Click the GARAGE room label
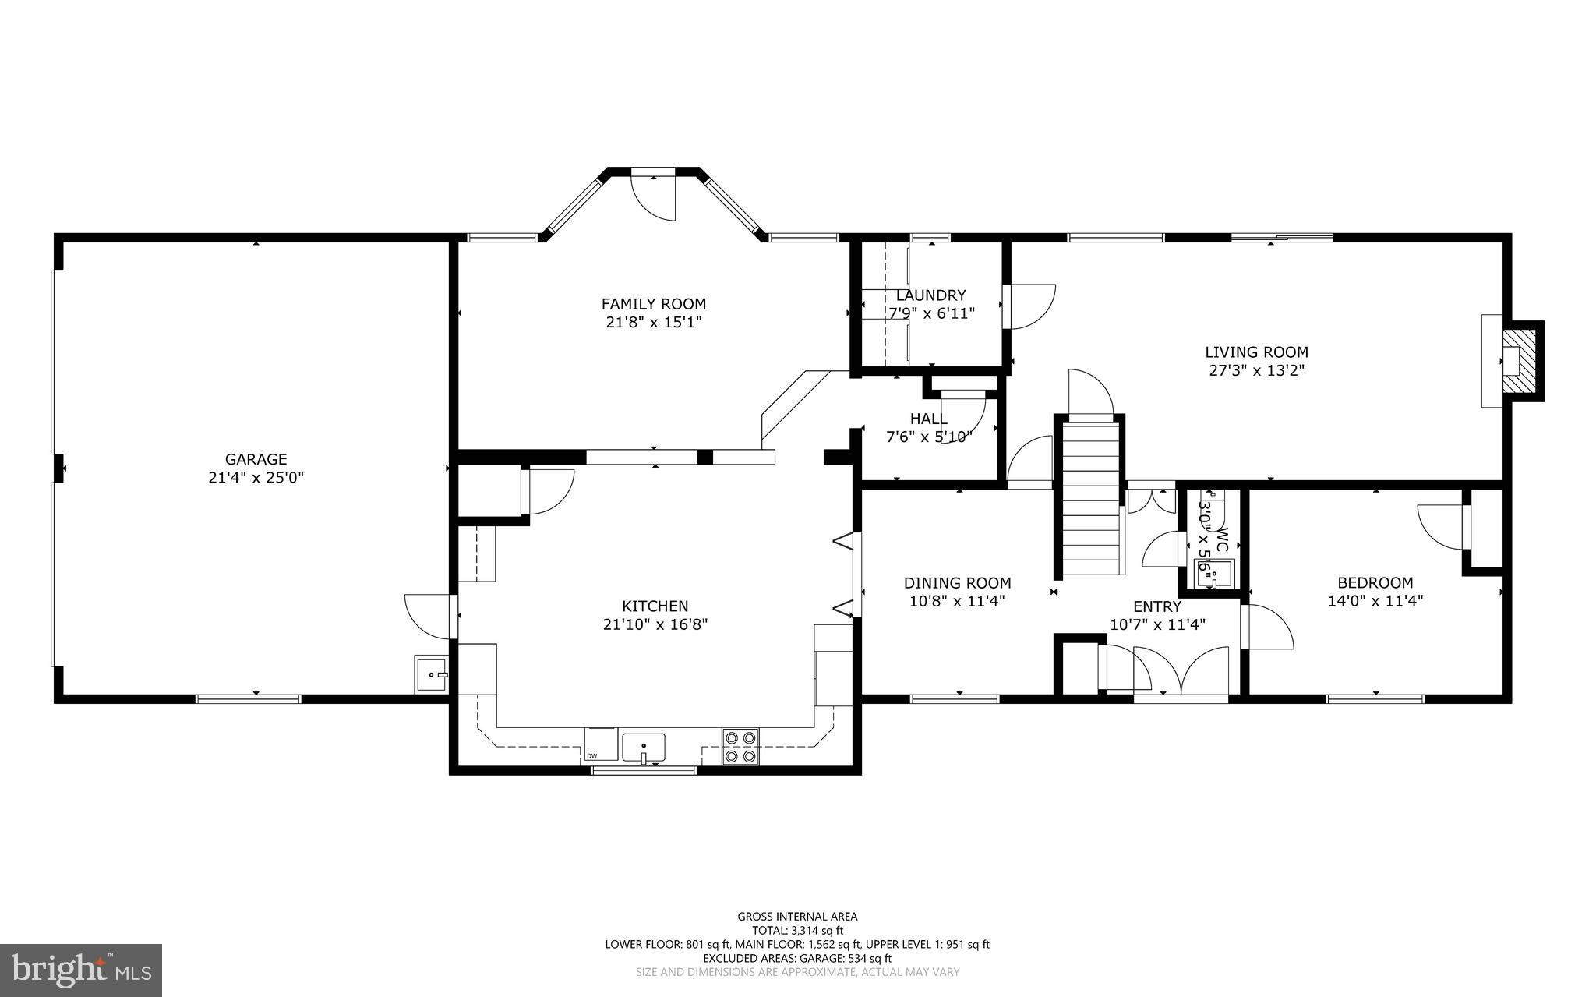tap(256, 460)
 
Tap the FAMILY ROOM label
tap(654, 304)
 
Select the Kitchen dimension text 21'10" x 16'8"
tap(655, 624)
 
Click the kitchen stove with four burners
tap(740, 746)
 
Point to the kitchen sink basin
tap(644, 748)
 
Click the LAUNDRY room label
tap(930, 295)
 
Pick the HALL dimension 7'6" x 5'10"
tap(929, 437)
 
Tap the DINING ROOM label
tap(958, 583)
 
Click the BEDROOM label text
tap(1375, 583)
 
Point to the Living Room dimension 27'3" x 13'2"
tap(1256, 371)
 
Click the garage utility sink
tap(431, 674)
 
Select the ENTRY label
tap(1157, 606)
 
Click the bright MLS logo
tap(81, 970)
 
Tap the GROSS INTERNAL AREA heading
tap(797, 917)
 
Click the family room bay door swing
tap(653, 199)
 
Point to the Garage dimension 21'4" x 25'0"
tap(256, 478)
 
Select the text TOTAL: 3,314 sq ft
tap(797, 930)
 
